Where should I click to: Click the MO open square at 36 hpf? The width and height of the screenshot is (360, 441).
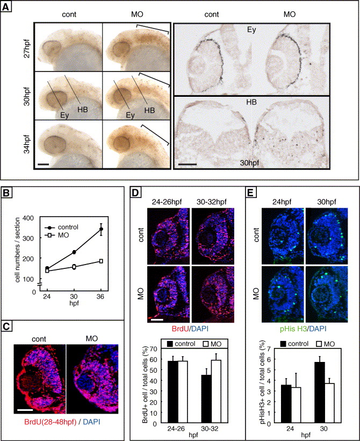coord(101,261)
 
